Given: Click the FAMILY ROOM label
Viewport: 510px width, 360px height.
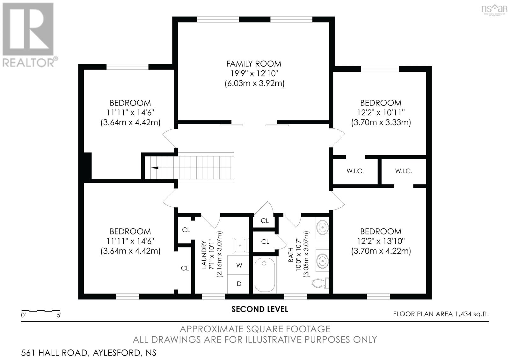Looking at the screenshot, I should tap(254, 64).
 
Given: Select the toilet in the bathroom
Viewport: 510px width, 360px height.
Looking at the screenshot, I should tap(320, 283).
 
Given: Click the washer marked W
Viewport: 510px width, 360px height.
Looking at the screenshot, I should tap(239, 265).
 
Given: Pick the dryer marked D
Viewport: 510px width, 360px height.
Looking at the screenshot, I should tap(239, 284).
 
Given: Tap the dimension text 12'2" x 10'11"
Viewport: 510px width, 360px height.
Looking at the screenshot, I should tap(381, 112).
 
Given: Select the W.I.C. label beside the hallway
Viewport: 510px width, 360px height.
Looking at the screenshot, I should tap(355, 171).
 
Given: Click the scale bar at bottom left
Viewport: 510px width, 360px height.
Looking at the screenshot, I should tap(40, 310).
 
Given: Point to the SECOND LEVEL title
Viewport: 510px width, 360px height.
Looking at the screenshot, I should tap(259, 309).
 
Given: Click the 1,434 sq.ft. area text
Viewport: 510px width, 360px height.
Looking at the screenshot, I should tap(471, 314).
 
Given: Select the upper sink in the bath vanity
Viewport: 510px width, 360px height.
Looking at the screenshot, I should tap(323, 227).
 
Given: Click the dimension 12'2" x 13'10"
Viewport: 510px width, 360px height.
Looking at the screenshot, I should tap(381, 241).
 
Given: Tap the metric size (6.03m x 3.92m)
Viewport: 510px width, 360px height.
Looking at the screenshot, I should tap(254, 83).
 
